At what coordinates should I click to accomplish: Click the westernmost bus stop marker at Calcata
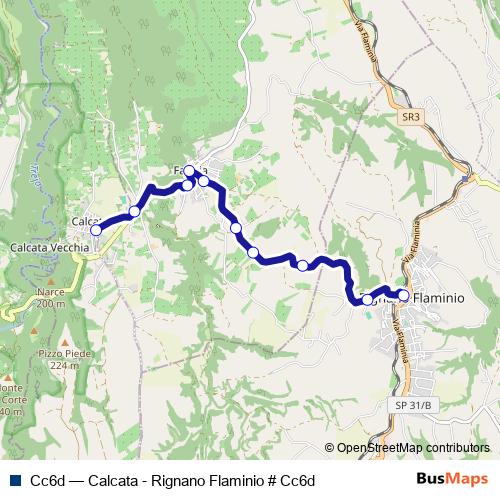(96, 230)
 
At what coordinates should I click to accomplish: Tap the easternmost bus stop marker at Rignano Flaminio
(403, 295)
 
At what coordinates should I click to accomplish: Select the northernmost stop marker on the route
(189, 171)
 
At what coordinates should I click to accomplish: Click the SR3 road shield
(409, 117)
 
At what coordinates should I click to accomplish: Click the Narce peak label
(49, 291)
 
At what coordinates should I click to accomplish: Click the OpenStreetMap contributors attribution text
(412, 449)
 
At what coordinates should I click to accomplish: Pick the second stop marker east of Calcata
(187, 185)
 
